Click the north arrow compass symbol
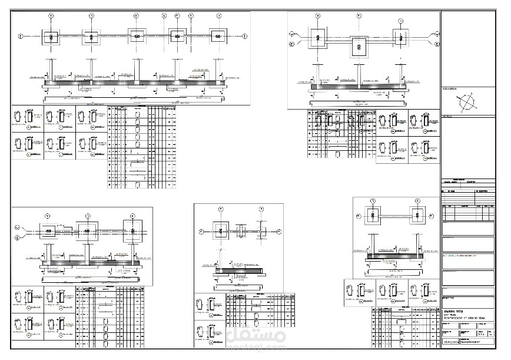click(x=467, y=104)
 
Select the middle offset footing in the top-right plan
click(x=359, y=47)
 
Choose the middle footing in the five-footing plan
click(x=137, y=37)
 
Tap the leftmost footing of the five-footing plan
click(x=51, y=37)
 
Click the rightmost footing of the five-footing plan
click(x=218, y=37)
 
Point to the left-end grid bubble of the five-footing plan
click(x=21, y=37)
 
